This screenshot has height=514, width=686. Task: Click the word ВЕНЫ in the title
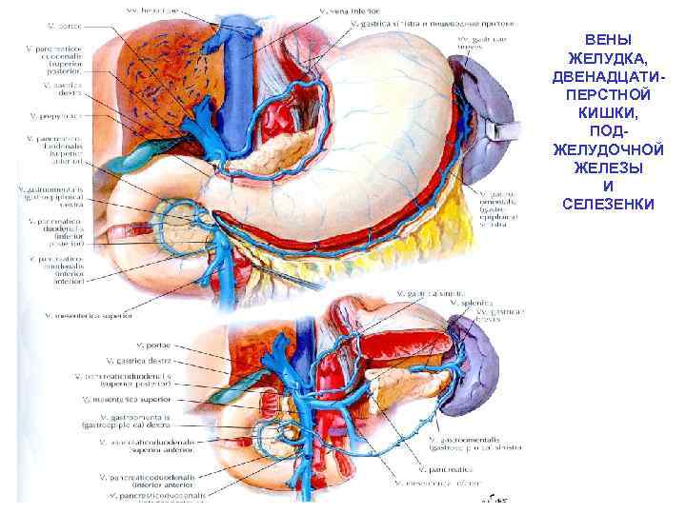tap(607, 40)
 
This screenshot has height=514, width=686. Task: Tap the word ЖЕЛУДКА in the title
tap(607, 58)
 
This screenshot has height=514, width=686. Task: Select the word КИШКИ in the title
tap(607, 112)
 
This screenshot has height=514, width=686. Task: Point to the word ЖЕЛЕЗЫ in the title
tap(607, 168)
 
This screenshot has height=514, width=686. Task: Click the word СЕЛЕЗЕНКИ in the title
tap(607, 204)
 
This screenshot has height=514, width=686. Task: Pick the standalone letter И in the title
tap(607, 186)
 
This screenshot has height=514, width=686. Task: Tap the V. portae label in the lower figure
tap(123, 346)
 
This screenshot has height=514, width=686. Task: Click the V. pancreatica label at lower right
tap(439, 469)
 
